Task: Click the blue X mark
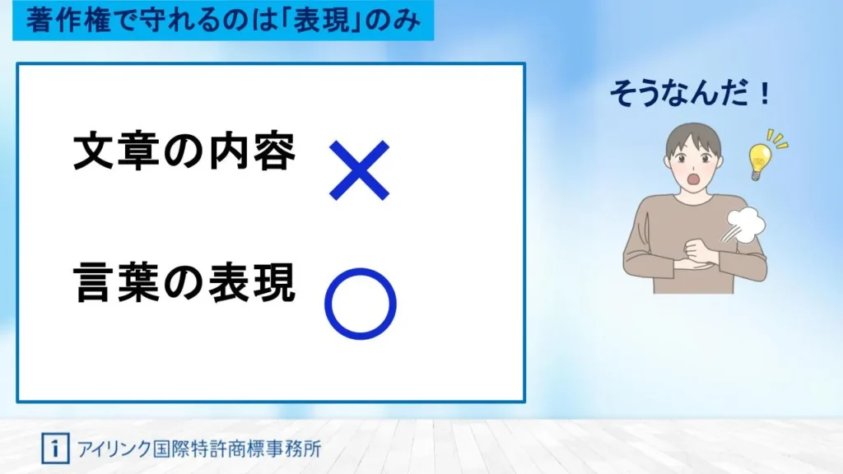pyautogui.click(x=359, y=170)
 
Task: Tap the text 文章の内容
pyautogui.click(x=184, y=151)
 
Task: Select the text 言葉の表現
pyautogui.click(x=184, y=283)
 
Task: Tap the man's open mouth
pyautogui.click(x=694, y=179)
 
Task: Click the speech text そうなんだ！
pyautogui.click(x=691, y=93)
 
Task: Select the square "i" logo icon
pyautogui.click(x=55, y=448)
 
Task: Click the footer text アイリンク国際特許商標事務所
pyautogui.click(x=199, y=448)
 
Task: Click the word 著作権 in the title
pyautogui.click(x=68, y=21)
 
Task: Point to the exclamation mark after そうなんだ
pyautogui.click(x=764, y=93)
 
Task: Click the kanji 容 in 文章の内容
pyautogui.click(x=275, y=151)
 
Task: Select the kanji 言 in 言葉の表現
pyautogui.click(x=95, y=283)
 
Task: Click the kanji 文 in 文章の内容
pyautogui.click(x=95, y=151)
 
